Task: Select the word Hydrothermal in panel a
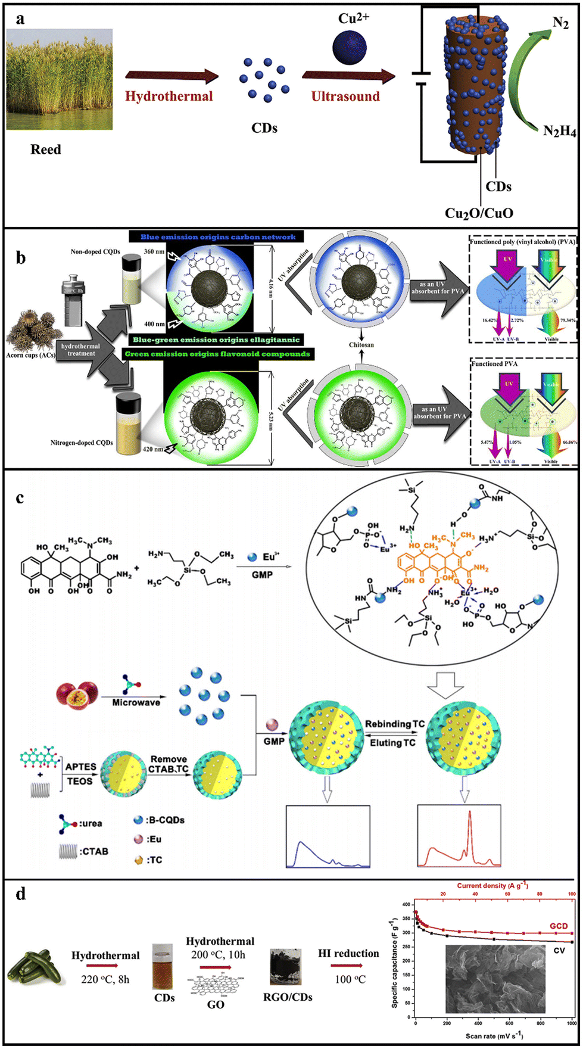(x=169, y=96)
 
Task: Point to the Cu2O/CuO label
(x=479, y=213)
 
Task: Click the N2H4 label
(x=559, y=131)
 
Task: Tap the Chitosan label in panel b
(x=361, y=345)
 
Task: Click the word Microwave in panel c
(x=136, y=703)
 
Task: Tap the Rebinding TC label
(x=395, y=724)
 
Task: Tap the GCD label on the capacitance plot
(x=558, y=926)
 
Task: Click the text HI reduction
(x=348, y=954)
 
